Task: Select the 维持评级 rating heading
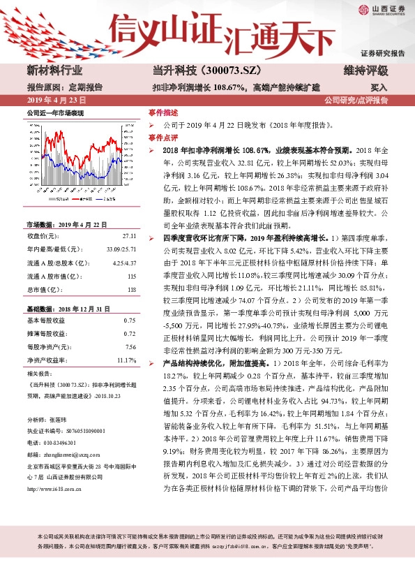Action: [365, 71]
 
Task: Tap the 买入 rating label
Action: [379, 88]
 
